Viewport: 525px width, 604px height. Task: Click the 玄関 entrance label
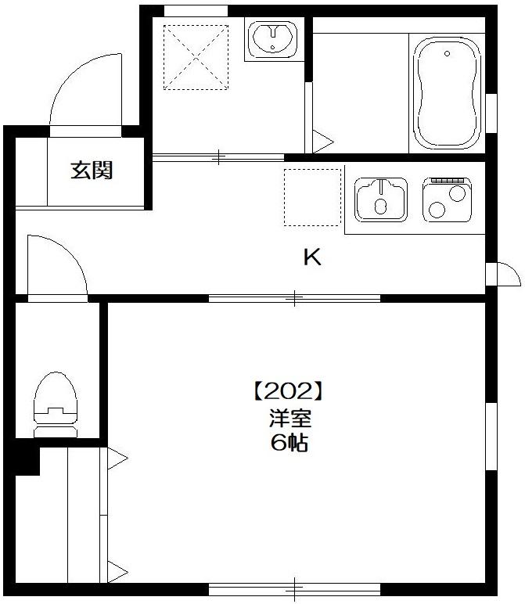(92, 170)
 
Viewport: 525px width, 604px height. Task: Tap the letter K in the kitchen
(312, 257)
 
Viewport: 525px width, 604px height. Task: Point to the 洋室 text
(285, 418)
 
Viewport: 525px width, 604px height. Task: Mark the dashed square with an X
(196, 58)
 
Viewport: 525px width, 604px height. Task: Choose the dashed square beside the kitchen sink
(313, 196)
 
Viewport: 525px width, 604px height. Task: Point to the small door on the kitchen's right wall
(502, 273)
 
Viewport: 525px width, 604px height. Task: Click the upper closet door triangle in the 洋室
(116, 459)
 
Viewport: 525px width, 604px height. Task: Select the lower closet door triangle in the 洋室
(116, 569)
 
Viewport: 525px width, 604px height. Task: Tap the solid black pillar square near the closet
(26, 459)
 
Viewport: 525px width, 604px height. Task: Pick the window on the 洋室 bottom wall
(294, 588)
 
